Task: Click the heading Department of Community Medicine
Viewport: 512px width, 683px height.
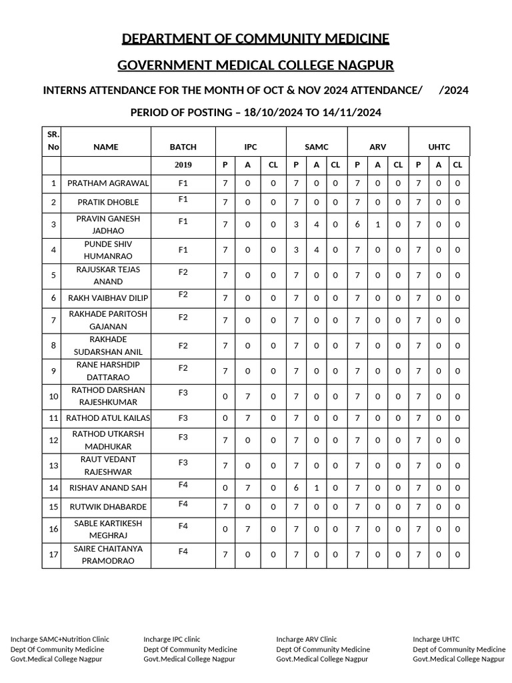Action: coord(255,39)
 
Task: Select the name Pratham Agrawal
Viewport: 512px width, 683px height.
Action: coord(106,183)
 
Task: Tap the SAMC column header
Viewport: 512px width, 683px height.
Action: coord(317,147)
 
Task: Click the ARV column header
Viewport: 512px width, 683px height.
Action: coord(378,147)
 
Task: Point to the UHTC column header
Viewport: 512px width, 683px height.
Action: coord(439,147)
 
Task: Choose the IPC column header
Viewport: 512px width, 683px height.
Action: coord(250,147)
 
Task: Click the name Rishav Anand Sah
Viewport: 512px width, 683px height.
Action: coord(106,488)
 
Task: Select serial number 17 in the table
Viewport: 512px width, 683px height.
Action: coord(53,555)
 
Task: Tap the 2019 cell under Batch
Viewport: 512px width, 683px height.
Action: coord(183,165)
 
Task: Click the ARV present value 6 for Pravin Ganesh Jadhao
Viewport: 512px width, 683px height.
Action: coord(357,225)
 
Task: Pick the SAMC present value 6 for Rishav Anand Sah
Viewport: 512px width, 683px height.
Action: coord(296,488)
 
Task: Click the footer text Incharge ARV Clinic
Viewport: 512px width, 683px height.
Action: coord(307,639)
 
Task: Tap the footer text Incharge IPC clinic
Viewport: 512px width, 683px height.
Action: coord(171,639)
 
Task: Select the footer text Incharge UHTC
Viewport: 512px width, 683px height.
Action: coord(436,639)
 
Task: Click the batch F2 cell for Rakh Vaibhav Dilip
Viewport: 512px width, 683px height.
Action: coord(183,294)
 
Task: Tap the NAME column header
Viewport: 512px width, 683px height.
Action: coord(106,147)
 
